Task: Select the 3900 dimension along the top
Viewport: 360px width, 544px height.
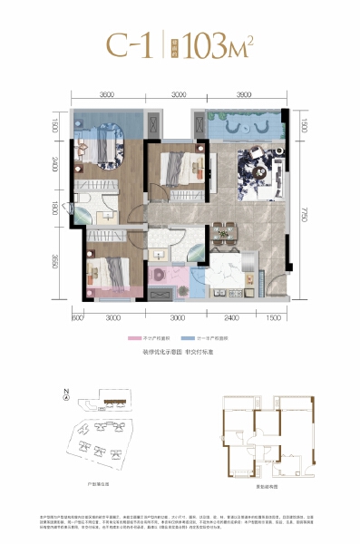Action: coord(245,94)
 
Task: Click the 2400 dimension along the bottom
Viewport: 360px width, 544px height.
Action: coord(232,317)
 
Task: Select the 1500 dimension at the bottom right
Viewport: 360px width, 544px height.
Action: coord(275,317)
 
